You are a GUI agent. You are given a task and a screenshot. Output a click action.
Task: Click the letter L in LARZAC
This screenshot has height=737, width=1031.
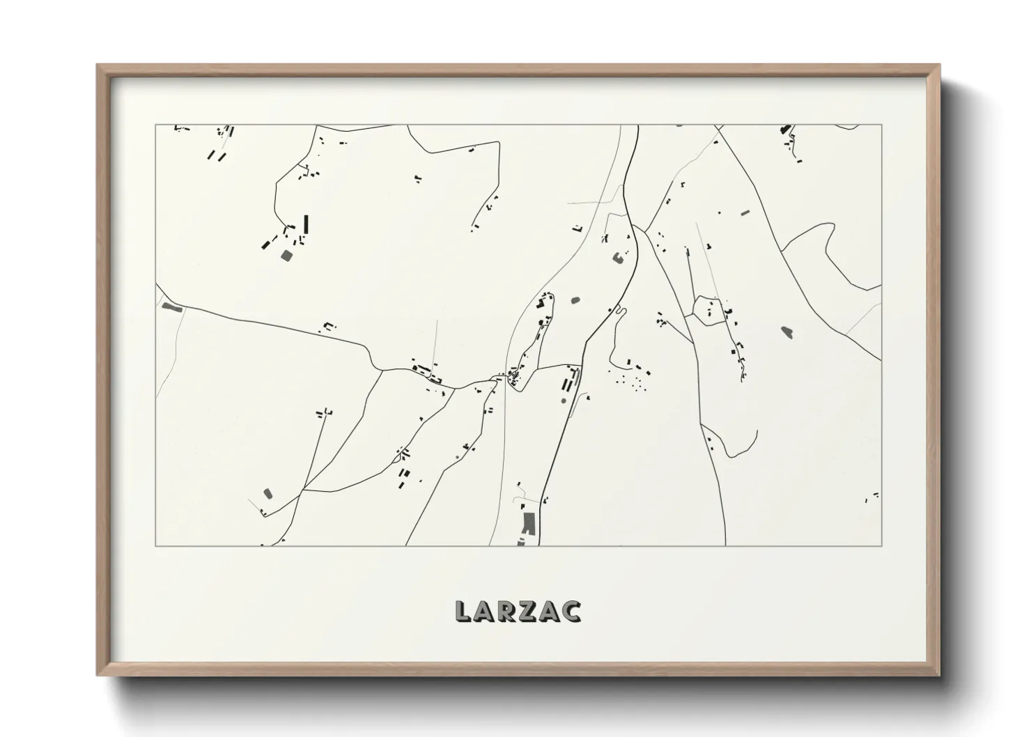click(463, 611)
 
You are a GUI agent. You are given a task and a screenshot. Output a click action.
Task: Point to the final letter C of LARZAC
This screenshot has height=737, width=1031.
click(572, 611)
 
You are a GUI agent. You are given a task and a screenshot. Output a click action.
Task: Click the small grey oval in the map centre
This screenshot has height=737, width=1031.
click(575, 301)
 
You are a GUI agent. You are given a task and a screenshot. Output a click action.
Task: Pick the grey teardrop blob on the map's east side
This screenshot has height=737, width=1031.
click(787, 332)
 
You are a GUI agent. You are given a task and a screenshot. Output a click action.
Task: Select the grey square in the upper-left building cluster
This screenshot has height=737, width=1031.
click(286, 256)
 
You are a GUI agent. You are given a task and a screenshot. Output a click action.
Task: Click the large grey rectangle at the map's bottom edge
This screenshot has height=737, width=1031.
click(529, 522)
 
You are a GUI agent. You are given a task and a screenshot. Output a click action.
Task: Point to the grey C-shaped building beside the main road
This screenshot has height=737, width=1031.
click(617, 258)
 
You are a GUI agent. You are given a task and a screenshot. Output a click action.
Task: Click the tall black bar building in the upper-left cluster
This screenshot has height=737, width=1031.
click(306, 224)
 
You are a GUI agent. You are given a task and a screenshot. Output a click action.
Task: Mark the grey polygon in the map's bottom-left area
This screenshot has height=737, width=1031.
click(267, 493)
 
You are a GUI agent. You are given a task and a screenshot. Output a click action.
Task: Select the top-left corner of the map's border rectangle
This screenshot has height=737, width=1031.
click(155, 125)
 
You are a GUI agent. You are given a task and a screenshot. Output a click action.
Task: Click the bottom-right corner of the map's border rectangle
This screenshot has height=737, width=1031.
click(881, 545)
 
